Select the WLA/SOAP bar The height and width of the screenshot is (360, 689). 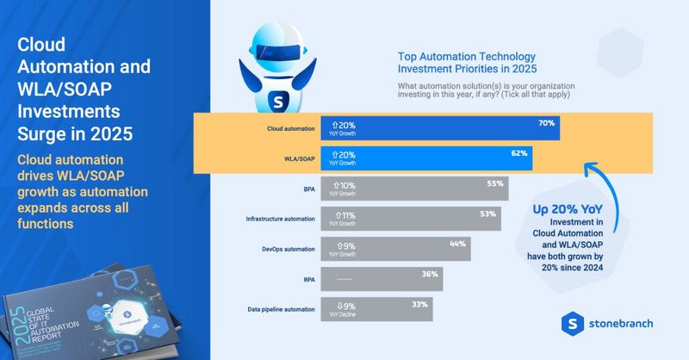pyautogui.click(x=426, y=158)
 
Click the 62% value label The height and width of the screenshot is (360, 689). pyautogui.click(x=518, y=152)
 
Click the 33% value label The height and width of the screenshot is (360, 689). pyautogui.click(x=419, y=302)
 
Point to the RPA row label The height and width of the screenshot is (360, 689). pyautogui.click(x=307, y=279)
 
